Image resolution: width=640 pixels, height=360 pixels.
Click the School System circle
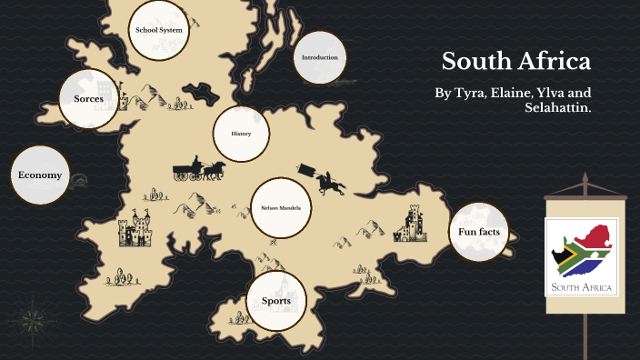(x=159, y=30)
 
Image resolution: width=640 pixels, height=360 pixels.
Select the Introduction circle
(x=320, y=58)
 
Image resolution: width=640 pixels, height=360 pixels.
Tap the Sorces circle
(x=88, y=98)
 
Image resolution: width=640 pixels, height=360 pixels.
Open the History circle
(x=241, y=135)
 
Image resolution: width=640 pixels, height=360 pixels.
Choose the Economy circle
(x=39, y=175)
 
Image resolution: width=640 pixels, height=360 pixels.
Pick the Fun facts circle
(x=479, y=232)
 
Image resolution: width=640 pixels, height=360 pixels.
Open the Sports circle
(x=276, y=301)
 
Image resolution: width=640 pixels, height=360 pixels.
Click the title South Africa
(x=516, y=62)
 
